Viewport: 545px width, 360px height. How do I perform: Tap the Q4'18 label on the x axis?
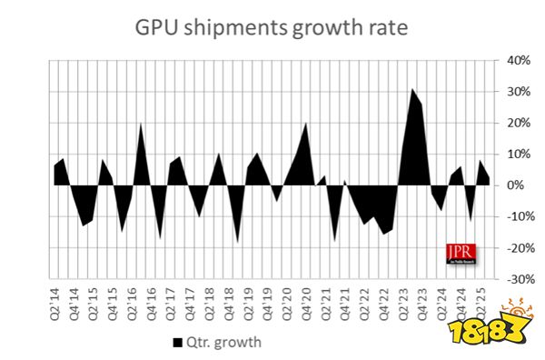(229, 301)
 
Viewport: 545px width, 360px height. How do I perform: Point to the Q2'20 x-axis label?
(287, 301)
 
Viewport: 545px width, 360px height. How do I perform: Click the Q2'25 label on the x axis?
(482, 301)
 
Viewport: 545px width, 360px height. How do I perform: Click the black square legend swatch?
(176, 342)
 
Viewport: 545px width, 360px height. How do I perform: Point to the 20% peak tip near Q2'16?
(142, 123)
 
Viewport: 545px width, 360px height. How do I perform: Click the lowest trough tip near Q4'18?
(238, 243)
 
